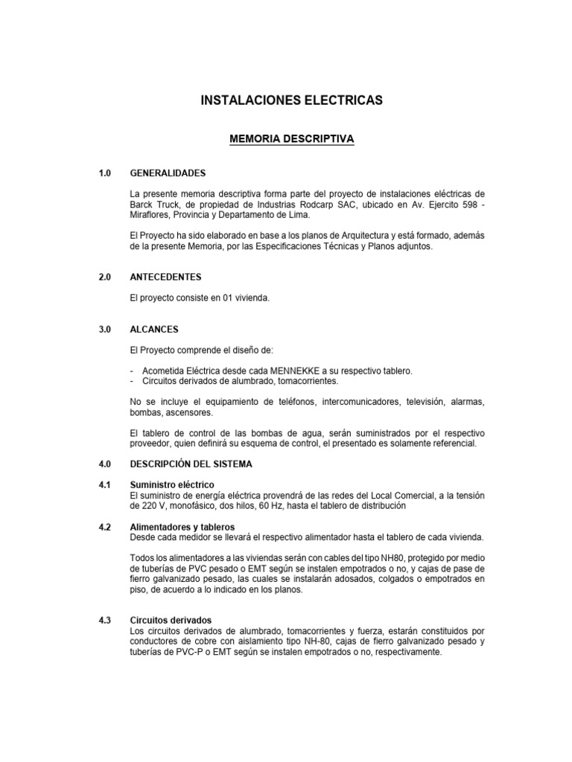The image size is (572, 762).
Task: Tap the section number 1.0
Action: (104, 173)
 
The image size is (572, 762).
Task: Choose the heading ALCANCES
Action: (154, 329)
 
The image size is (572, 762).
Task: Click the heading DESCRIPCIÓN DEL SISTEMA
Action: (191, 464)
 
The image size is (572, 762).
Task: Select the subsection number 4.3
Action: (104, 620)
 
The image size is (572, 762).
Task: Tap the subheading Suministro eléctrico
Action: (172, 485)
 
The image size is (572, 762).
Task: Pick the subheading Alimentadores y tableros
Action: (177, 527)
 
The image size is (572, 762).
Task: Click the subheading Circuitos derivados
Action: (171, 620)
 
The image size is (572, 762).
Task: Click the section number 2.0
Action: (104, 277)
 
